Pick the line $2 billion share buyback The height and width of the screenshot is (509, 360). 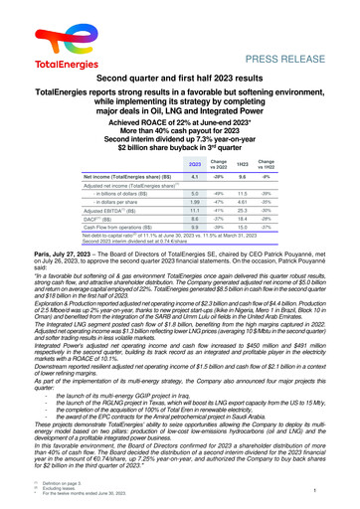(x=180, y=144)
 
